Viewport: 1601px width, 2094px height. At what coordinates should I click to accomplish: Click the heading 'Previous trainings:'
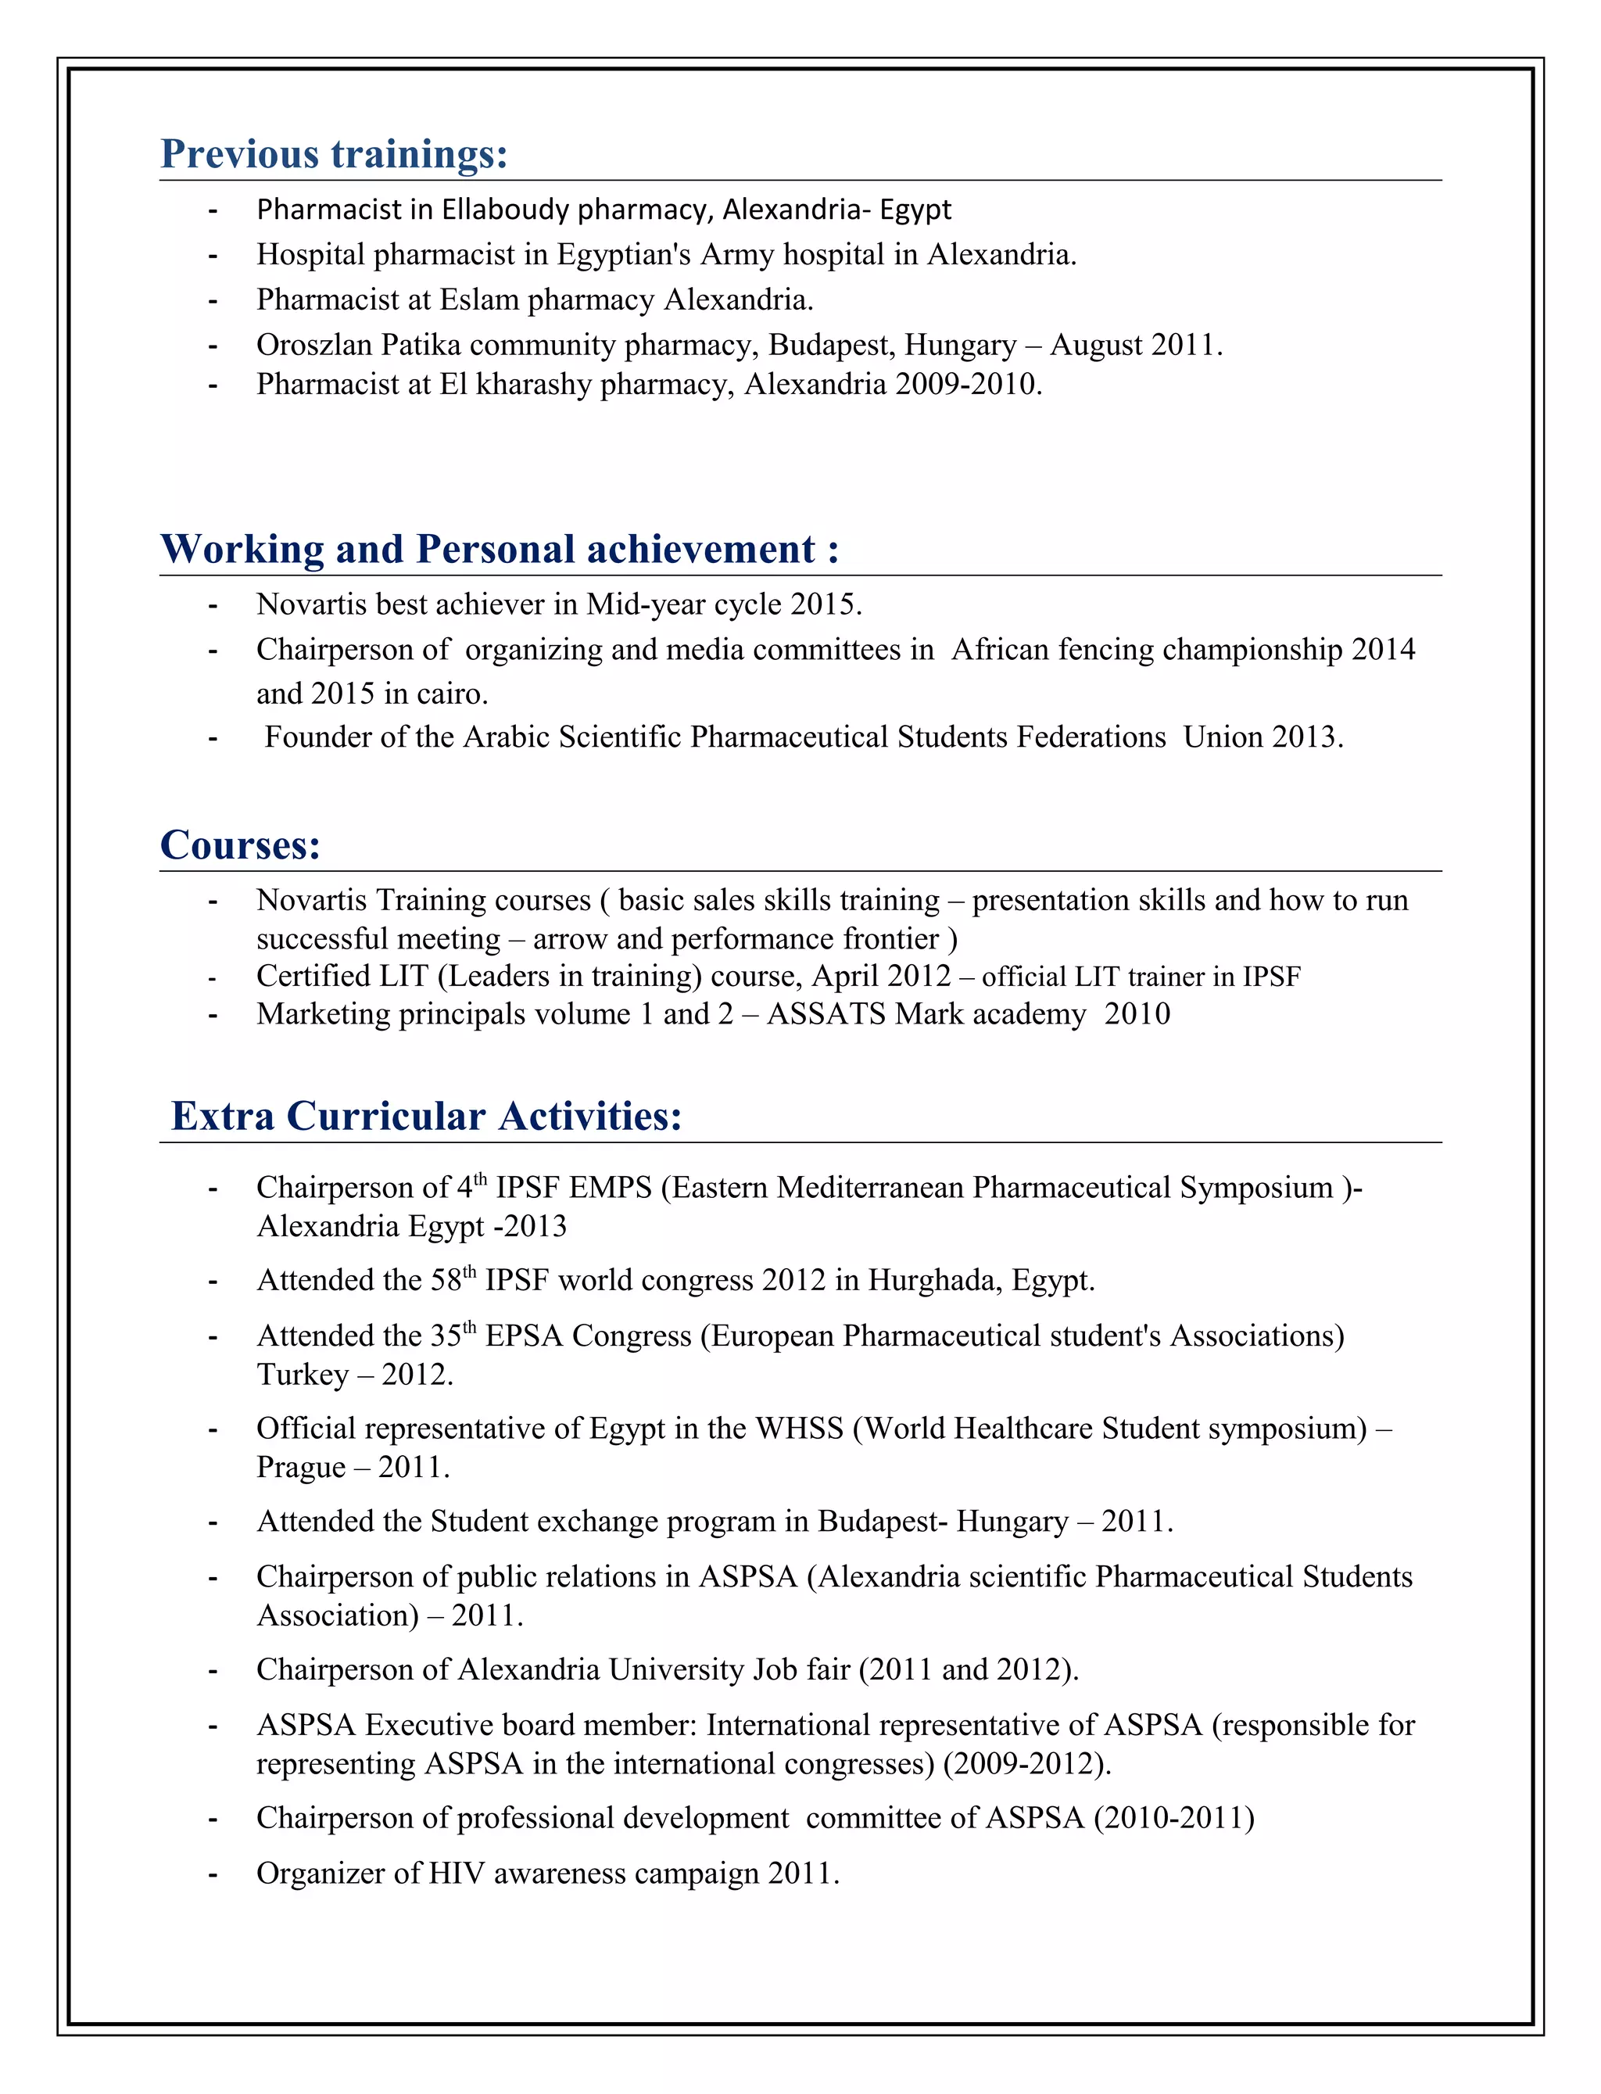click(x=334, y=154)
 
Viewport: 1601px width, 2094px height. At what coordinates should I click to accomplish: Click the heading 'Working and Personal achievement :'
click(x=500, y=550)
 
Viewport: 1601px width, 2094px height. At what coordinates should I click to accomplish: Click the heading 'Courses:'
click(x=240, y=845)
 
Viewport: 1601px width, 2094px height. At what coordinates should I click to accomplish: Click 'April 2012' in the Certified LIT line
click(x=880, y=976)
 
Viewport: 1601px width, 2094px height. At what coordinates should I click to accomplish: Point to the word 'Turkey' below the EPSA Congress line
click(x=302, y=1375)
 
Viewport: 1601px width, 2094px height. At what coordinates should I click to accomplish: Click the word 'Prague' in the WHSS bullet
click(x=300, y=1467)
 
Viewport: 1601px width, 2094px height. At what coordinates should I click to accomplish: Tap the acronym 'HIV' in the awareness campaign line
click(x=457, y=1873)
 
